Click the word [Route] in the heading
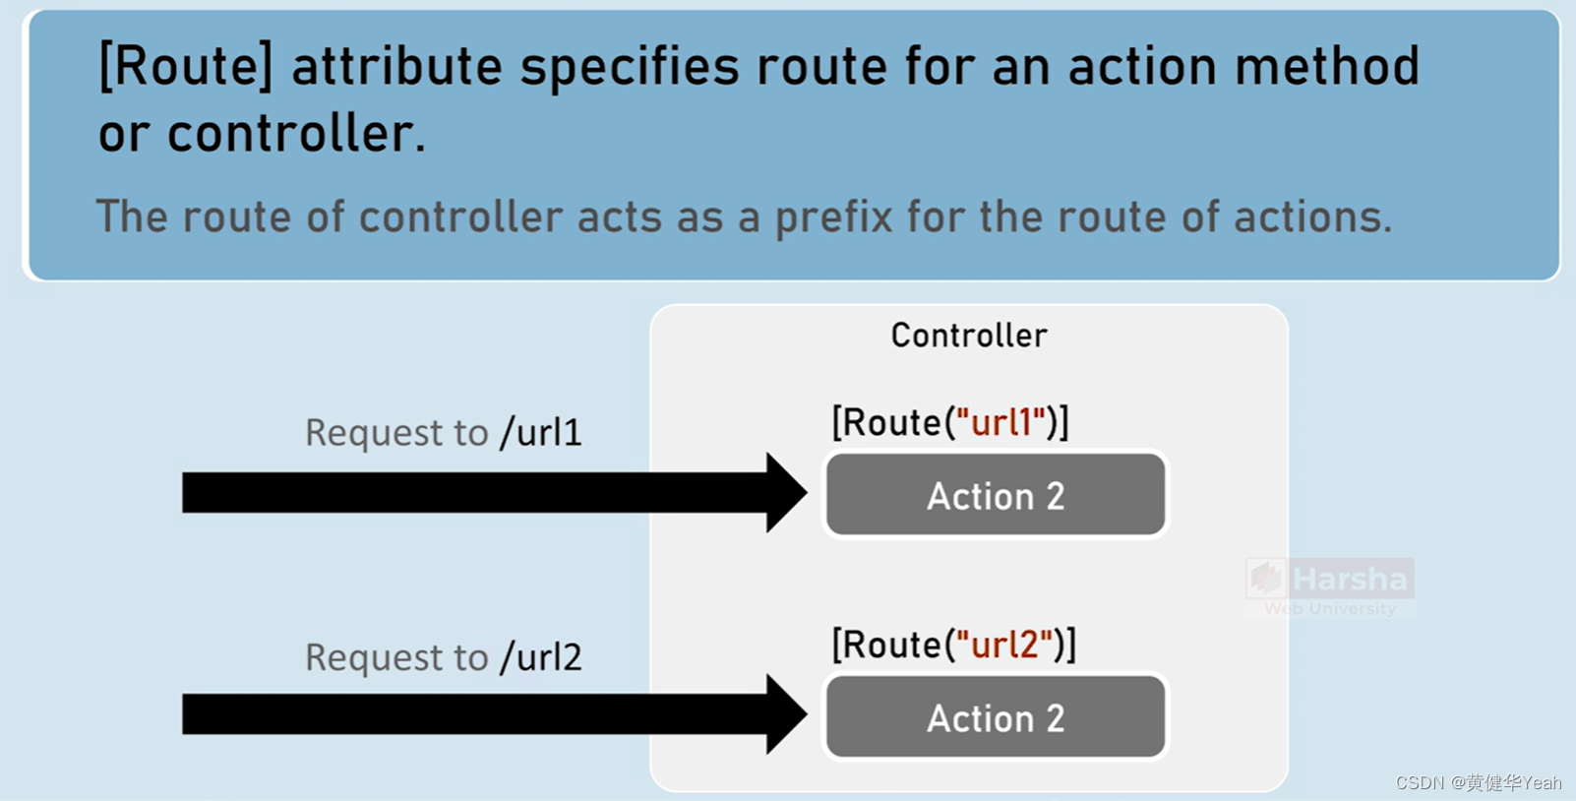(185, 67)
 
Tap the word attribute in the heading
(396, 67)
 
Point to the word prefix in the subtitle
(834, 217)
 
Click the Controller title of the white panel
(969, 336)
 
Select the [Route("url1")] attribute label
(950, 422)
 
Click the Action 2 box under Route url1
(996, 495)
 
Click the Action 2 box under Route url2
(996, 717)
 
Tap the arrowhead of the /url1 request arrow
(787, 493)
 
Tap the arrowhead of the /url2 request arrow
(787, 714)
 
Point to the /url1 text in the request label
(541, 433)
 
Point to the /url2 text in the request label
(541, 657)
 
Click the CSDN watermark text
(1478, 782)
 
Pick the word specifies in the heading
(630, 67)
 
